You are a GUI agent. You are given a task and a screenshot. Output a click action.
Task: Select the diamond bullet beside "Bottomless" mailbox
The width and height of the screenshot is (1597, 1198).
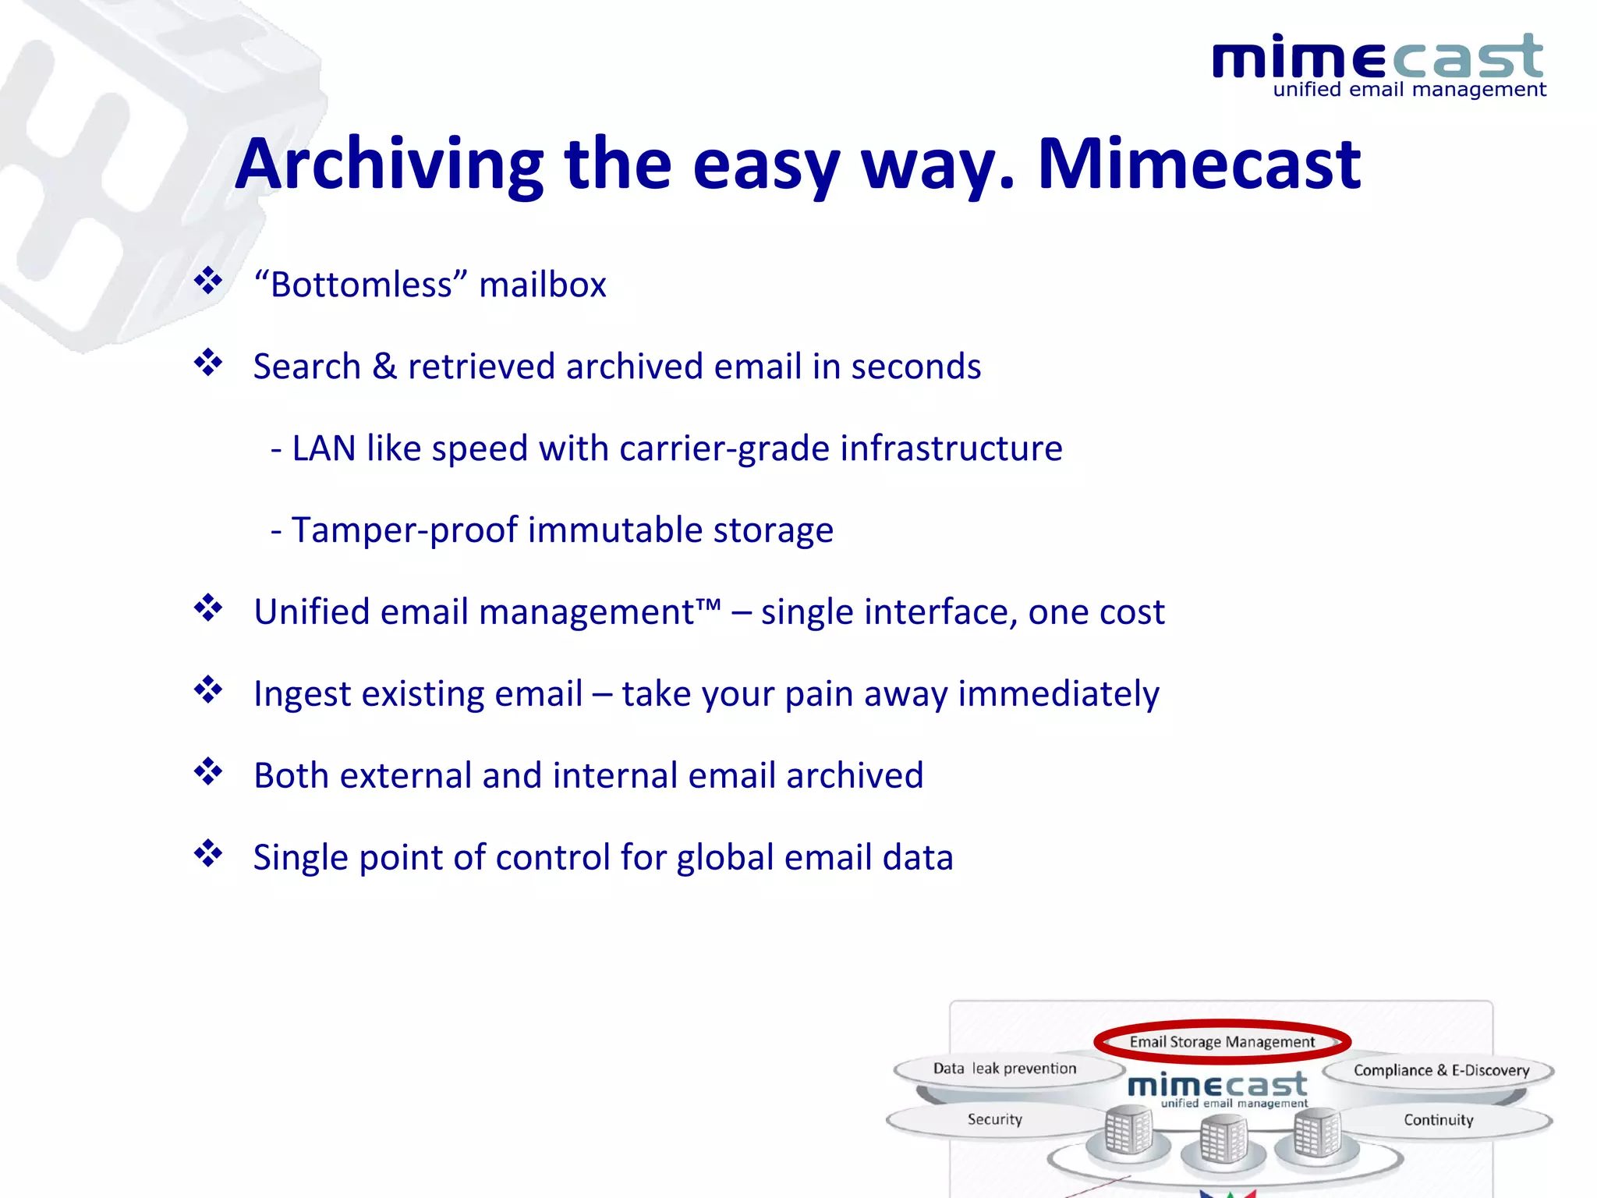[208, 281]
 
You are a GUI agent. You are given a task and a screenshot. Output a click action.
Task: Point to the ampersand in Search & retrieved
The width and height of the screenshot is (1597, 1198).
[384, 367]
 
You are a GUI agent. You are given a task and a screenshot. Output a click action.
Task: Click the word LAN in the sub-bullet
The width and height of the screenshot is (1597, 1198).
[324, 448]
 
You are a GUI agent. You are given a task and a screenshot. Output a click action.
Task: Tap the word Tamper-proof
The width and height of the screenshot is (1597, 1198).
[405, 530]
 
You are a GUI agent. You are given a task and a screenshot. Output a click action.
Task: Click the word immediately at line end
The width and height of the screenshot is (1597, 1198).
[1058, 694]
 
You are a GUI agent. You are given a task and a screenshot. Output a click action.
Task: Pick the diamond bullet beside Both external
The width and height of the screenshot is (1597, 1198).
[208, 772]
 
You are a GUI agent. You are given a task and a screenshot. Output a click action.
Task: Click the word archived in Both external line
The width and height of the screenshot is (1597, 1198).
[855, 776]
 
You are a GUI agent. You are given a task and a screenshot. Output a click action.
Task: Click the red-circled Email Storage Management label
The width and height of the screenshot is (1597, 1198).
[1222, 1042]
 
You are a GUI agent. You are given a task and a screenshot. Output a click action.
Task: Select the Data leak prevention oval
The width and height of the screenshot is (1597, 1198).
[1004, 1069]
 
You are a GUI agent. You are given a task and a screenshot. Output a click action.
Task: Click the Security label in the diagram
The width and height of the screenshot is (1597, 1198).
[994, 1119]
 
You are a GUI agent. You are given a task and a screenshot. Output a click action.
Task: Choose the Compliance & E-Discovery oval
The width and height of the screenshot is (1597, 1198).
[1441, 1070]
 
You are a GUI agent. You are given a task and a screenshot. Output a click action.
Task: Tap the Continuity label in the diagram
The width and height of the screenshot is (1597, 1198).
[1439, 1120]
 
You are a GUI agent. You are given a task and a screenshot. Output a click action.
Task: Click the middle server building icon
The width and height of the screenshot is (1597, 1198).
[1222, 1140]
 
